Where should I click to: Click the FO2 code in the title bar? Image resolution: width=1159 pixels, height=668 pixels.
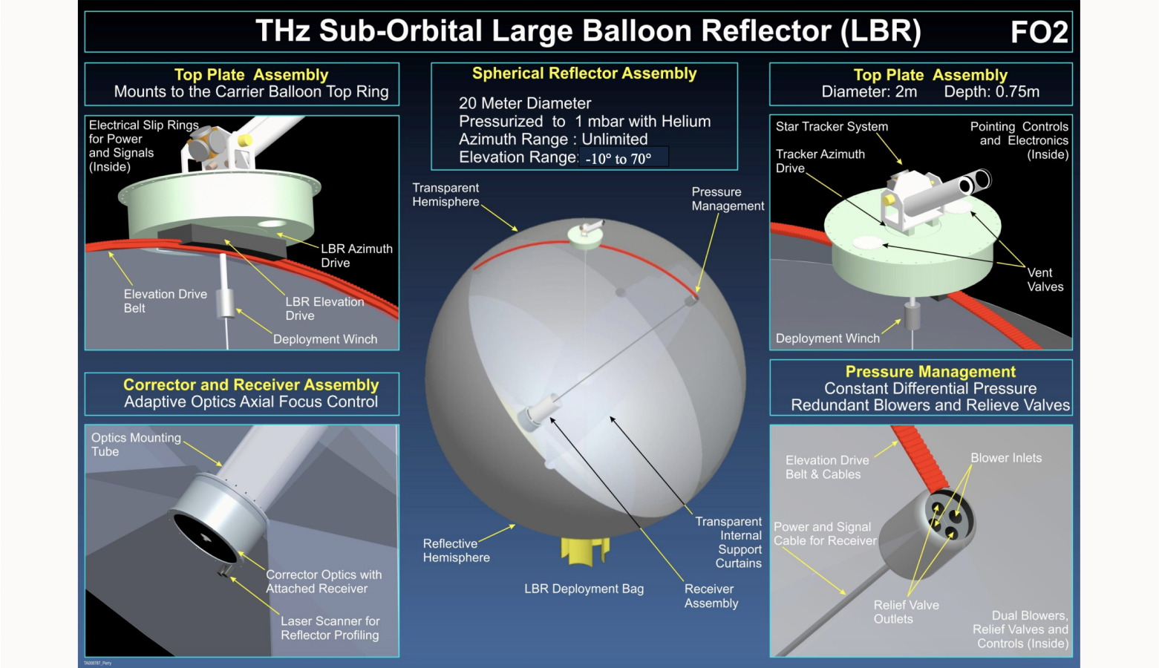pos(1039,32)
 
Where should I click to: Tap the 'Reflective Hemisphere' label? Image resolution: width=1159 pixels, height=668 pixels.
pos(456,550)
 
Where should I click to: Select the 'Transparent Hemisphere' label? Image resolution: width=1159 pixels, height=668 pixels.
pos(445,194)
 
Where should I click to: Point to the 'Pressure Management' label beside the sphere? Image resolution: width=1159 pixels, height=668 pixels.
pos(727,199)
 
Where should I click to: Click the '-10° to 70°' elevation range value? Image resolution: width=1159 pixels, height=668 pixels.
pos(618,158)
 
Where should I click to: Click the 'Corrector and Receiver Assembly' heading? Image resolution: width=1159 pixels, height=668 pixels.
pos(251,384)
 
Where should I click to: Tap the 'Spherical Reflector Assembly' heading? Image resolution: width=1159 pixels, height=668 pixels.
pos(584,73)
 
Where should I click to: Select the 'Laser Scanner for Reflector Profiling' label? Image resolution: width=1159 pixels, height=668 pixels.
pos(330,628)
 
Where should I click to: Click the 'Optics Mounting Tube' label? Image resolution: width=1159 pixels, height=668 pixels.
pos(135,445)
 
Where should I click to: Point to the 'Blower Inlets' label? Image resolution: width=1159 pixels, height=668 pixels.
pos(1006,458)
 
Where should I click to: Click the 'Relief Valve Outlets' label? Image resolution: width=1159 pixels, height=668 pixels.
pos(906,612)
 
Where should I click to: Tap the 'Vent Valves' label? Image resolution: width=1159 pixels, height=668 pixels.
pos(1045,280)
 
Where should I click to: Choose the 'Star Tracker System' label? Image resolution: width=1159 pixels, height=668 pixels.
pos(832,126)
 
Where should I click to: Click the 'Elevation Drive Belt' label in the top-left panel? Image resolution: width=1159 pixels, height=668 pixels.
pos(165,301)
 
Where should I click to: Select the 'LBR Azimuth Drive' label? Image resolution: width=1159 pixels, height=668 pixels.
pos(356,255)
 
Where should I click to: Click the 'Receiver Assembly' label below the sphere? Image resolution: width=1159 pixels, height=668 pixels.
pos(711,596)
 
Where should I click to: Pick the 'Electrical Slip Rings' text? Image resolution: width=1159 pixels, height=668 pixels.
pos(143,125)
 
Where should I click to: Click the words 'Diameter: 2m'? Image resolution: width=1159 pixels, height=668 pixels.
pos(869,92)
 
